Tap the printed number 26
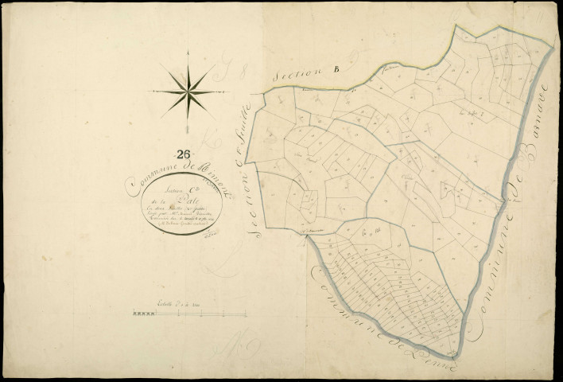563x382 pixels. pyautogui.click(x=184, y=154)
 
